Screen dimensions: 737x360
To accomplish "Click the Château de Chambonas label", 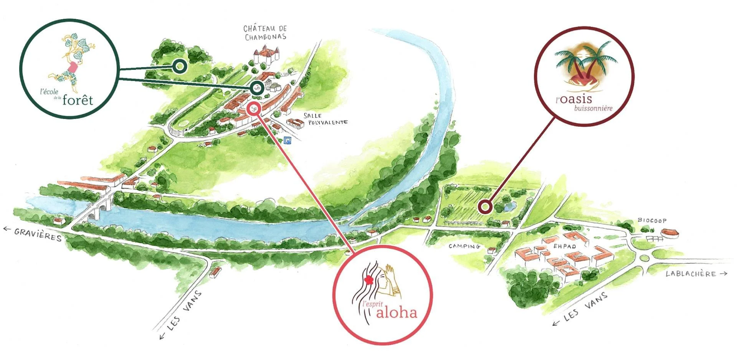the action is click(x=265, y=33).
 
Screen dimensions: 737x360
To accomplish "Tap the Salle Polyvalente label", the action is click(x=326, y=119).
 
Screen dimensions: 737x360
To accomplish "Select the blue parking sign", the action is click(x=288, y=141).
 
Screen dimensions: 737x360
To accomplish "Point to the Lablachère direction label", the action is click(x=691, y=274).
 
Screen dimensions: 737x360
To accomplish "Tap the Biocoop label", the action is click(x=652, y=220).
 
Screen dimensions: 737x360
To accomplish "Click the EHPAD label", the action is click(x=564, y=246).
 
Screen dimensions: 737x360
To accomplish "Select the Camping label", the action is click(x=464, y=246).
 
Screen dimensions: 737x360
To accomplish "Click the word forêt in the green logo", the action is click(x=78, y=100).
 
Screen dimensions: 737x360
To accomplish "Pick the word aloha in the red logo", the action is click(x=397, y=312).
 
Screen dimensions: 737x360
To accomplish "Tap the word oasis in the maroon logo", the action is click(x=576, y=99).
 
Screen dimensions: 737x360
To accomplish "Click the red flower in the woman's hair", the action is click(x=368, y=280).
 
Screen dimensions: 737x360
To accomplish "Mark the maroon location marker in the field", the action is click(x=486, y=207).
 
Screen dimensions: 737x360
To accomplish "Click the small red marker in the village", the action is click(x=254, y=109).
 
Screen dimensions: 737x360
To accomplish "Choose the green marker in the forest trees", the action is click(x=179, y=66).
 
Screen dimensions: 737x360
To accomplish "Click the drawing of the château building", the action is click(x=266, y=55).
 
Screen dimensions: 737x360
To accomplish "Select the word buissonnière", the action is click(x=593, y=108).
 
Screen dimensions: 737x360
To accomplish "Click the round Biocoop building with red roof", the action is click(x=670, y=233).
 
